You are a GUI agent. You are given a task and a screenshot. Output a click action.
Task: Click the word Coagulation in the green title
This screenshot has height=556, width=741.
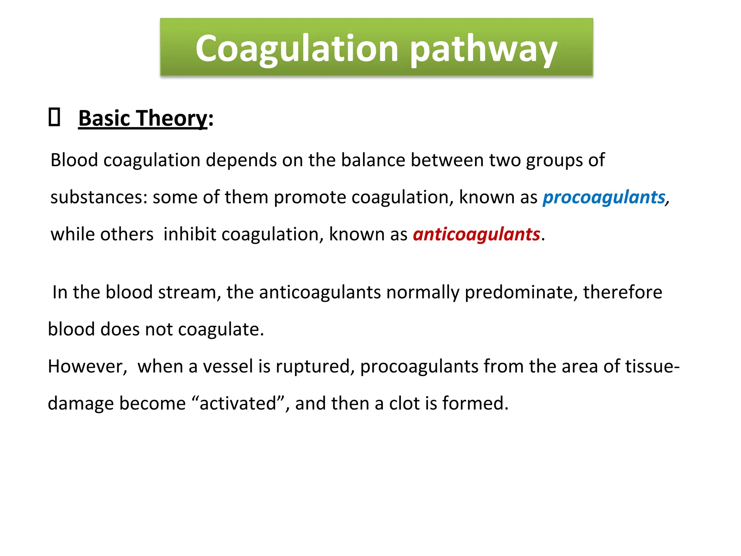(297, 48)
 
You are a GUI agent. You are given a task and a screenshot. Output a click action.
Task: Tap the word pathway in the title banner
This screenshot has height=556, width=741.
(483, 50)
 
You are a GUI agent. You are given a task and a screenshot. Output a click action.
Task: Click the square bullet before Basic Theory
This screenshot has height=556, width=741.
(54, 117)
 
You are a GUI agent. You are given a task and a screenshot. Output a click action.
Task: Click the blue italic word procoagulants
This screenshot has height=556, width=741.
(604, 197)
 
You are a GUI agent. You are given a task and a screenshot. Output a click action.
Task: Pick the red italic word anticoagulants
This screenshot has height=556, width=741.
(476, 234)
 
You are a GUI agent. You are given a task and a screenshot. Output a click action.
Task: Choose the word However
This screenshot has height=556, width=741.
(87, 366)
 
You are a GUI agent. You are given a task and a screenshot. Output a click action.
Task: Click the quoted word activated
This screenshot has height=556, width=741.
(238, 403)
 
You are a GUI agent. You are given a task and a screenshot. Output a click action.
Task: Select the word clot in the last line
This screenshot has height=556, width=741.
(404, 403)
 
